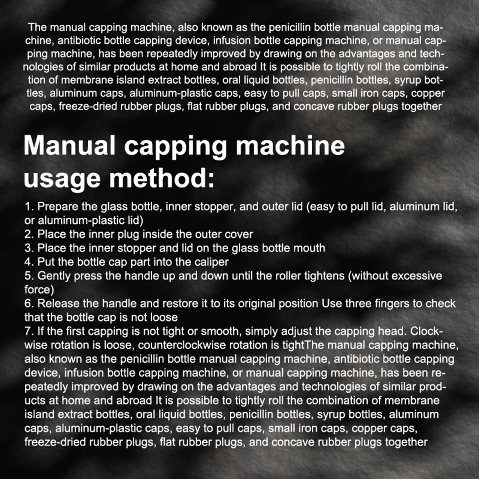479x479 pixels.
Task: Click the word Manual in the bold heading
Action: pyautogui.click(x=69, y=145)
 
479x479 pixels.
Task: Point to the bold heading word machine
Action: pyautogui.click(x=290, y=145)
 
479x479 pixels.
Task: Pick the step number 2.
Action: pyautogui.click(x=29, y=234)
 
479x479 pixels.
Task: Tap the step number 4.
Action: pyautogui.click(x=29, y=262)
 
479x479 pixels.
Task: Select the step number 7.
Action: pyautogui.click(x=29, y=331)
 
